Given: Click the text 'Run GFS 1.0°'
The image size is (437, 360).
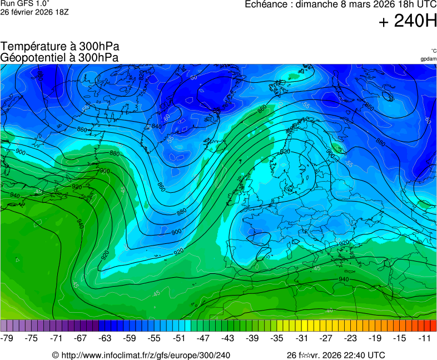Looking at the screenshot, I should (25, 3).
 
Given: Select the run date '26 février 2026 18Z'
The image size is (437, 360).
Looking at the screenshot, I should (34, 12).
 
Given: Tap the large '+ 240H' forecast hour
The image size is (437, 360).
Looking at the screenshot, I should (408, 22).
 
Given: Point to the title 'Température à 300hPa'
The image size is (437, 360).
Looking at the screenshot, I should (60, 47).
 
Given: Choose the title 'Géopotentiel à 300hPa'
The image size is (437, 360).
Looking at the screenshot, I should (59, 57).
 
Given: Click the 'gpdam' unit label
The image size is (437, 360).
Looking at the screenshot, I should (428, 59).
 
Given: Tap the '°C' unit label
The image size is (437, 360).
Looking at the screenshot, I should (433, 51).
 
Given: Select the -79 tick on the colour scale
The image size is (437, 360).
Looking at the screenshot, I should (8, 338).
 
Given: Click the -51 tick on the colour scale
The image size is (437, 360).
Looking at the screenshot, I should (179, 338).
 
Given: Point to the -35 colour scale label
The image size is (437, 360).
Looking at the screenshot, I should (277, 338).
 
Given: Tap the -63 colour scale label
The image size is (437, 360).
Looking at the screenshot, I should (106, 338).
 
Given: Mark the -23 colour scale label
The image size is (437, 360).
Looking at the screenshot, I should (350, 338).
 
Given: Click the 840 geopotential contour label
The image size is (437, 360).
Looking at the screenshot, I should (157, 127).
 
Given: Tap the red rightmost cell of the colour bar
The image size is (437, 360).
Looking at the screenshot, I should (434, 326).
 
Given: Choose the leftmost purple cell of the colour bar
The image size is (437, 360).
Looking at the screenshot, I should (4, 326).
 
